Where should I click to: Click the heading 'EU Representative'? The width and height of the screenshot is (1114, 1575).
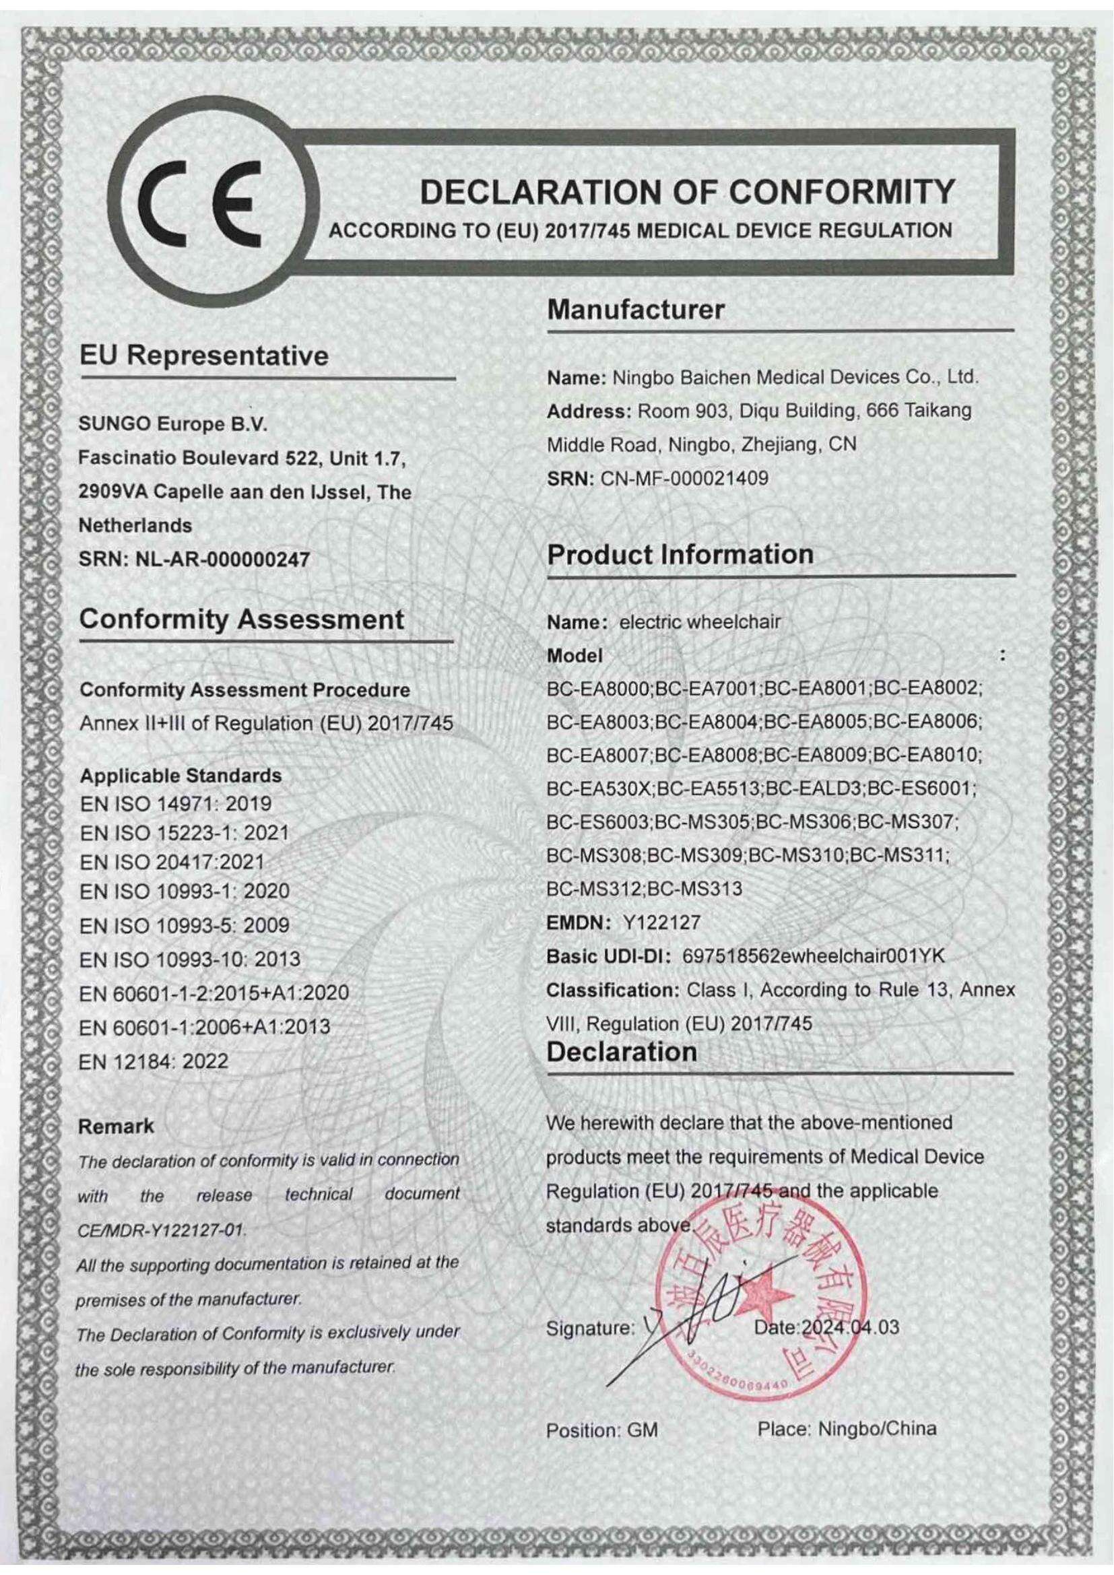(x=203, y=356)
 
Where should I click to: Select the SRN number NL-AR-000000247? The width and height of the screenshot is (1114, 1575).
(x=224, y=559)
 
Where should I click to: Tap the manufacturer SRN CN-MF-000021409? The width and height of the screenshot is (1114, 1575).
(x=684, y=477)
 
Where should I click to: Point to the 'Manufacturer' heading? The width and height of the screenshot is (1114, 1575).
(x=635, y=310)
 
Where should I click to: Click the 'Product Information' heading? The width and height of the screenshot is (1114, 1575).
(x=680, y=554)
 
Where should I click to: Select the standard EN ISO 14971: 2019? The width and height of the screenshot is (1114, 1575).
(x=176, y=803)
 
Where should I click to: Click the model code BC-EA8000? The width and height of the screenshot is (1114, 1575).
(x=598, y=688)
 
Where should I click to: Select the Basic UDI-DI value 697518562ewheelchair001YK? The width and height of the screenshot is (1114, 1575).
(x=814, y=956)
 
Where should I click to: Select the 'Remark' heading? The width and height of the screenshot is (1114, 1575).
(x=116, y=1127)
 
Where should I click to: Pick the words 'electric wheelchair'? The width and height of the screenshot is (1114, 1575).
(x=700, y=622)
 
